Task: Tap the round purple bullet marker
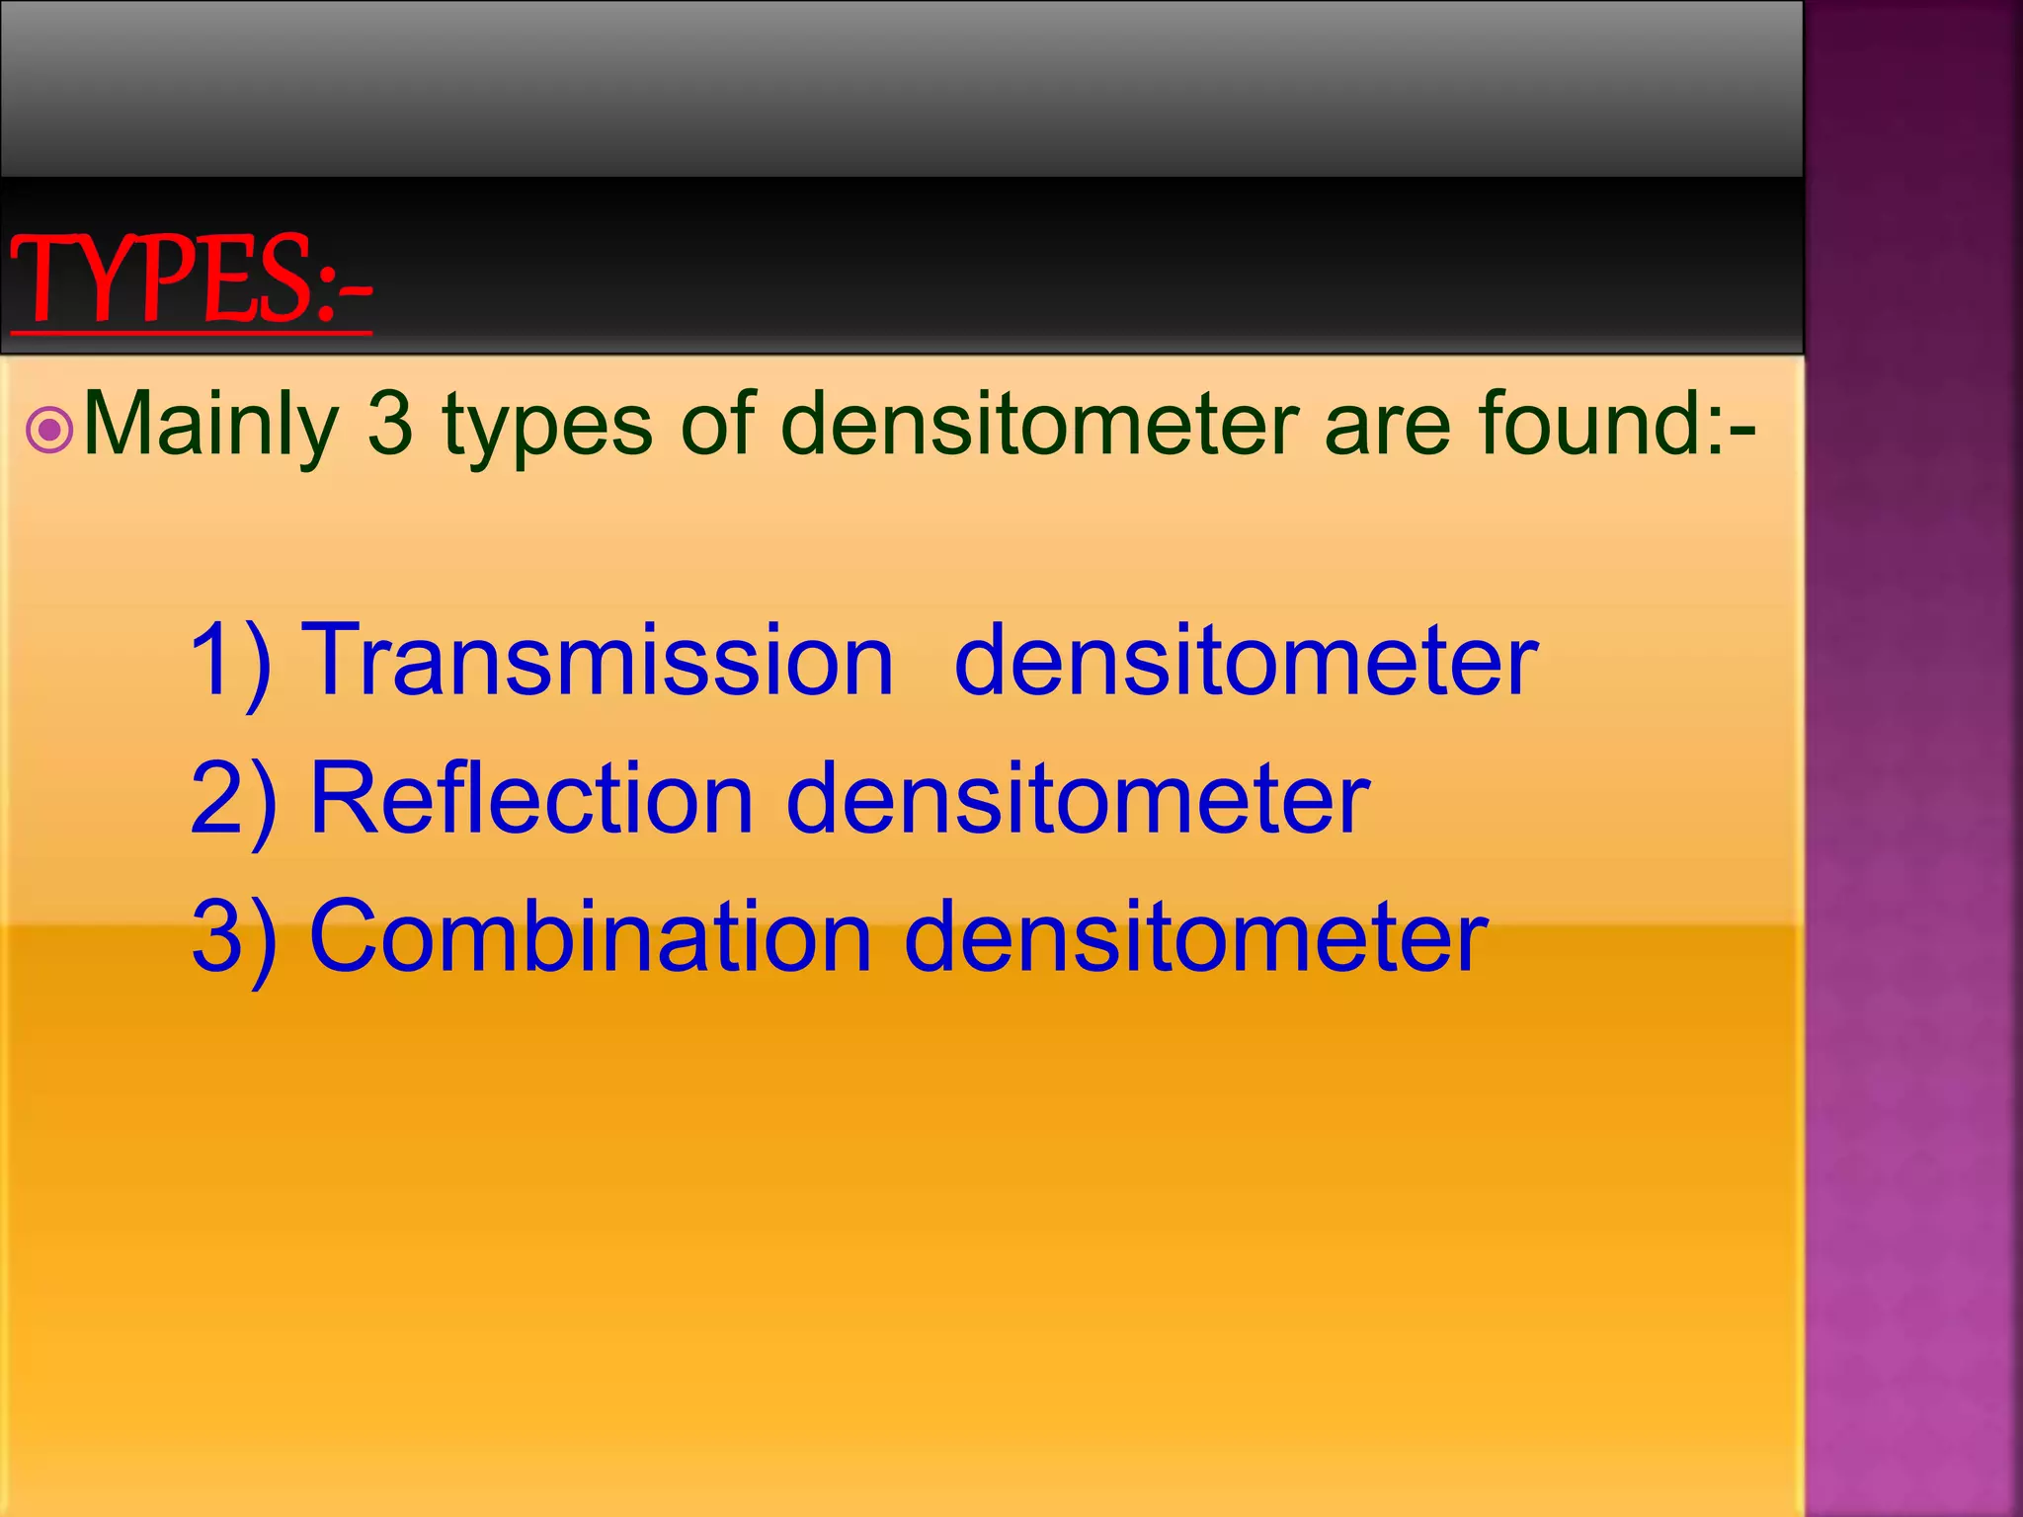coord(49,431)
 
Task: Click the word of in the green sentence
coord(717,425)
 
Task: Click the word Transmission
coord(597,660)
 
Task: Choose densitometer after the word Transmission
coord(1246,660)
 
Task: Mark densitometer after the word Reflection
coord(1078,798)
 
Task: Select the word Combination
coord(591,936)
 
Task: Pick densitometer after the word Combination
coord(1196,936)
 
